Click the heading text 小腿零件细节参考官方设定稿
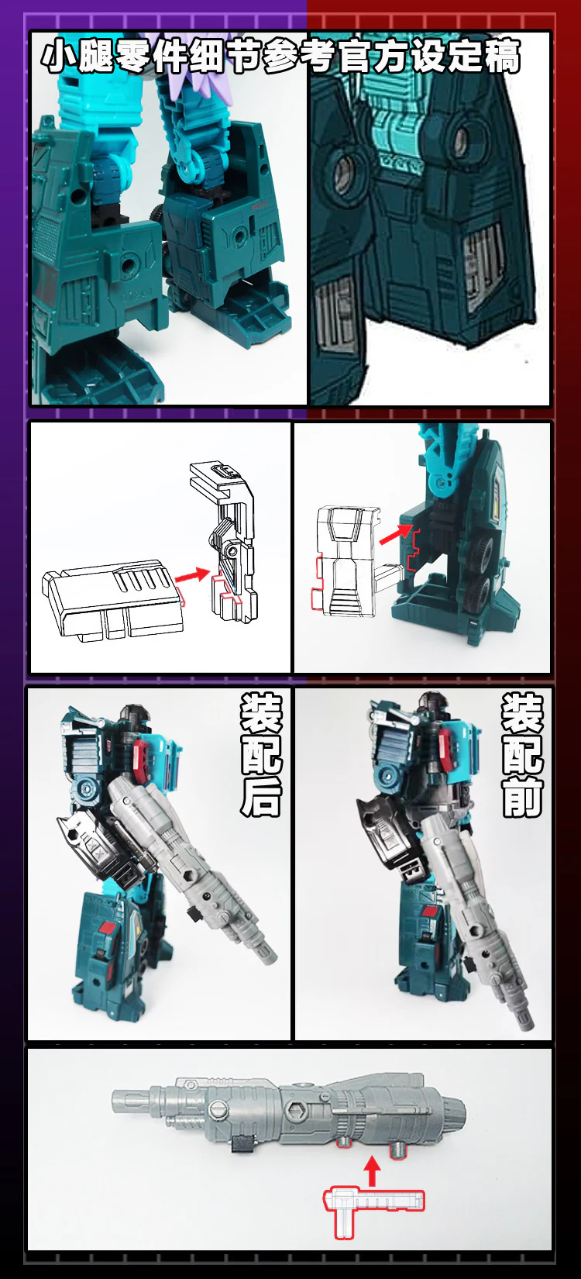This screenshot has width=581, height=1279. (x=280, y=56)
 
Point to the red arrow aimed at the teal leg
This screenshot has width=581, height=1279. (x=395, y=533)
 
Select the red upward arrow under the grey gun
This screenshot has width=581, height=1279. (x=372, y=1171)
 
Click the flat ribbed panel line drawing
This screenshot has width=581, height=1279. (x=114, y=598)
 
